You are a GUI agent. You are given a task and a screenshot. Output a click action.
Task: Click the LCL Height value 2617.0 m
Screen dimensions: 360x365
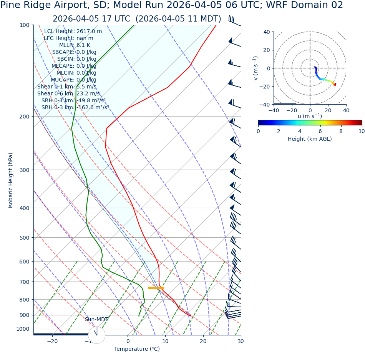pos(89,32)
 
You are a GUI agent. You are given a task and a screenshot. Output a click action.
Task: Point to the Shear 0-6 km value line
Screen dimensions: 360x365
pos(68,94)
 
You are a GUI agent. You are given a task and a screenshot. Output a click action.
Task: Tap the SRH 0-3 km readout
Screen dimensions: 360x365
pos(75,108)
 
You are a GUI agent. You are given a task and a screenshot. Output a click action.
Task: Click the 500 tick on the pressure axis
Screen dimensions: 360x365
pos(25,238)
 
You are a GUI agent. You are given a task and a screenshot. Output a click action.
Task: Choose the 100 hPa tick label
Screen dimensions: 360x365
pos(25,25)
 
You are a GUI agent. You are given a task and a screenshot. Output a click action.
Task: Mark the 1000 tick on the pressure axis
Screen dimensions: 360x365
pos(23,329)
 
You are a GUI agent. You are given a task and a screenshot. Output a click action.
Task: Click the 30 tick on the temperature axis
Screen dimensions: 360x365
pos(241,342)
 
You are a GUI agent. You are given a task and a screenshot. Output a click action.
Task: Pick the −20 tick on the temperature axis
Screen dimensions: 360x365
pos(52,342)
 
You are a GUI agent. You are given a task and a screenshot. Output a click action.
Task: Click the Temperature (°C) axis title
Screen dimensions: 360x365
pos(137,349)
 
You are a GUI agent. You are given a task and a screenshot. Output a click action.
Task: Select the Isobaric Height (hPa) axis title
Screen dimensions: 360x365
pos(11,180)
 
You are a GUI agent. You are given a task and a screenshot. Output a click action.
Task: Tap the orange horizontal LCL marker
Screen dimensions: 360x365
pos(156,288)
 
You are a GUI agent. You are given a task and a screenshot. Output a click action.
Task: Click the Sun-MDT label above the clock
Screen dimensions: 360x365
pos(96,320)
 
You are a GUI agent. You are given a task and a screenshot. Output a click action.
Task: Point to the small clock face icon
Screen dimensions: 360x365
pos(96,335)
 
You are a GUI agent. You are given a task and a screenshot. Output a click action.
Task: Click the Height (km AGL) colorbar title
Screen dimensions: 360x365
pos(310,139)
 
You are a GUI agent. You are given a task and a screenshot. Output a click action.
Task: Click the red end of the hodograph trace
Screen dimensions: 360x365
pos(335,84)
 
